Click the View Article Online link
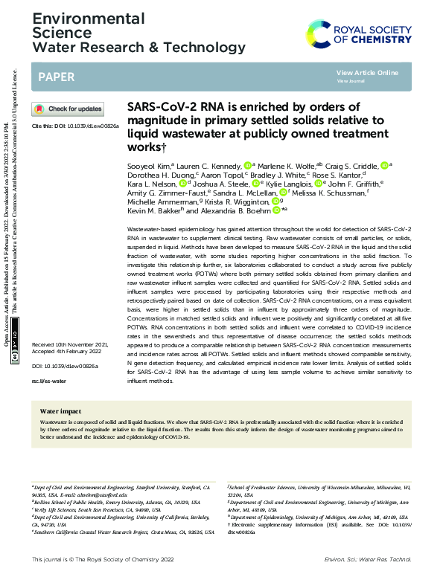pos(367,72)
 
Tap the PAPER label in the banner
pos(55,76)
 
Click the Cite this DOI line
pos(75,126)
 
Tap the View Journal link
pos(351,80)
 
